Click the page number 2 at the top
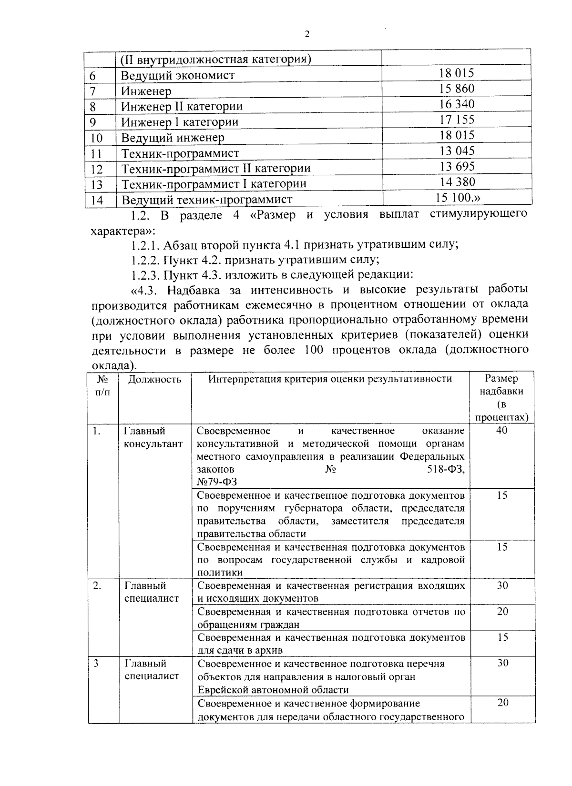tap(307, 34)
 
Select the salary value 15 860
tap(457, 89)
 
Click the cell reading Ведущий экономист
tap(177, 75)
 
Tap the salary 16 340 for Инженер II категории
tap(457, 104)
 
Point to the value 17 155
tap(457, 120)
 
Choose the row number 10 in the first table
tap(96, 138)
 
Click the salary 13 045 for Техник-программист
tap(457, 151)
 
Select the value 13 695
tap(457, 167)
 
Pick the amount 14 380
tap(457, 182)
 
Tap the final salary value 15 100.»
tap(457, 198)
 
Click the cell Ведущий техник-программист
tap(206, 200)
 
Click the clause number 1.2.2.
tap(145, 260)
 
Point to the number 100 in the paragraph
tap(313, 350)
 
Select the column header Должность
tap(154, 379)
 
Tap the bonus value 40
tap(502, 431)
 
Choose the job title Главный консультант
tap(153, 437)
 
